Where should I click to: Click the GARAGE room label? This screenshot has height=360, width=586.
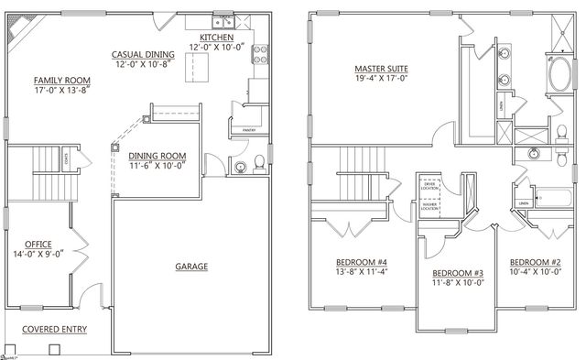[191, 267]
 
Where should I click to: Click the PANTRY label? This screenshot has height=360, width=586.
[248, 131]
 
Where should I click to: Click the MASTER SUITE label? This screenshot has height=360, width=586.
[381, 70]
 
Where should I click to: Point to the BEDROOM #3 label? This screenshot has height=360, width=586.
[457, 273]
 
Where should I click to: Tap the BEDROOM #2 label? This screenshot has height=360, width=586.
[535, 262]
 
